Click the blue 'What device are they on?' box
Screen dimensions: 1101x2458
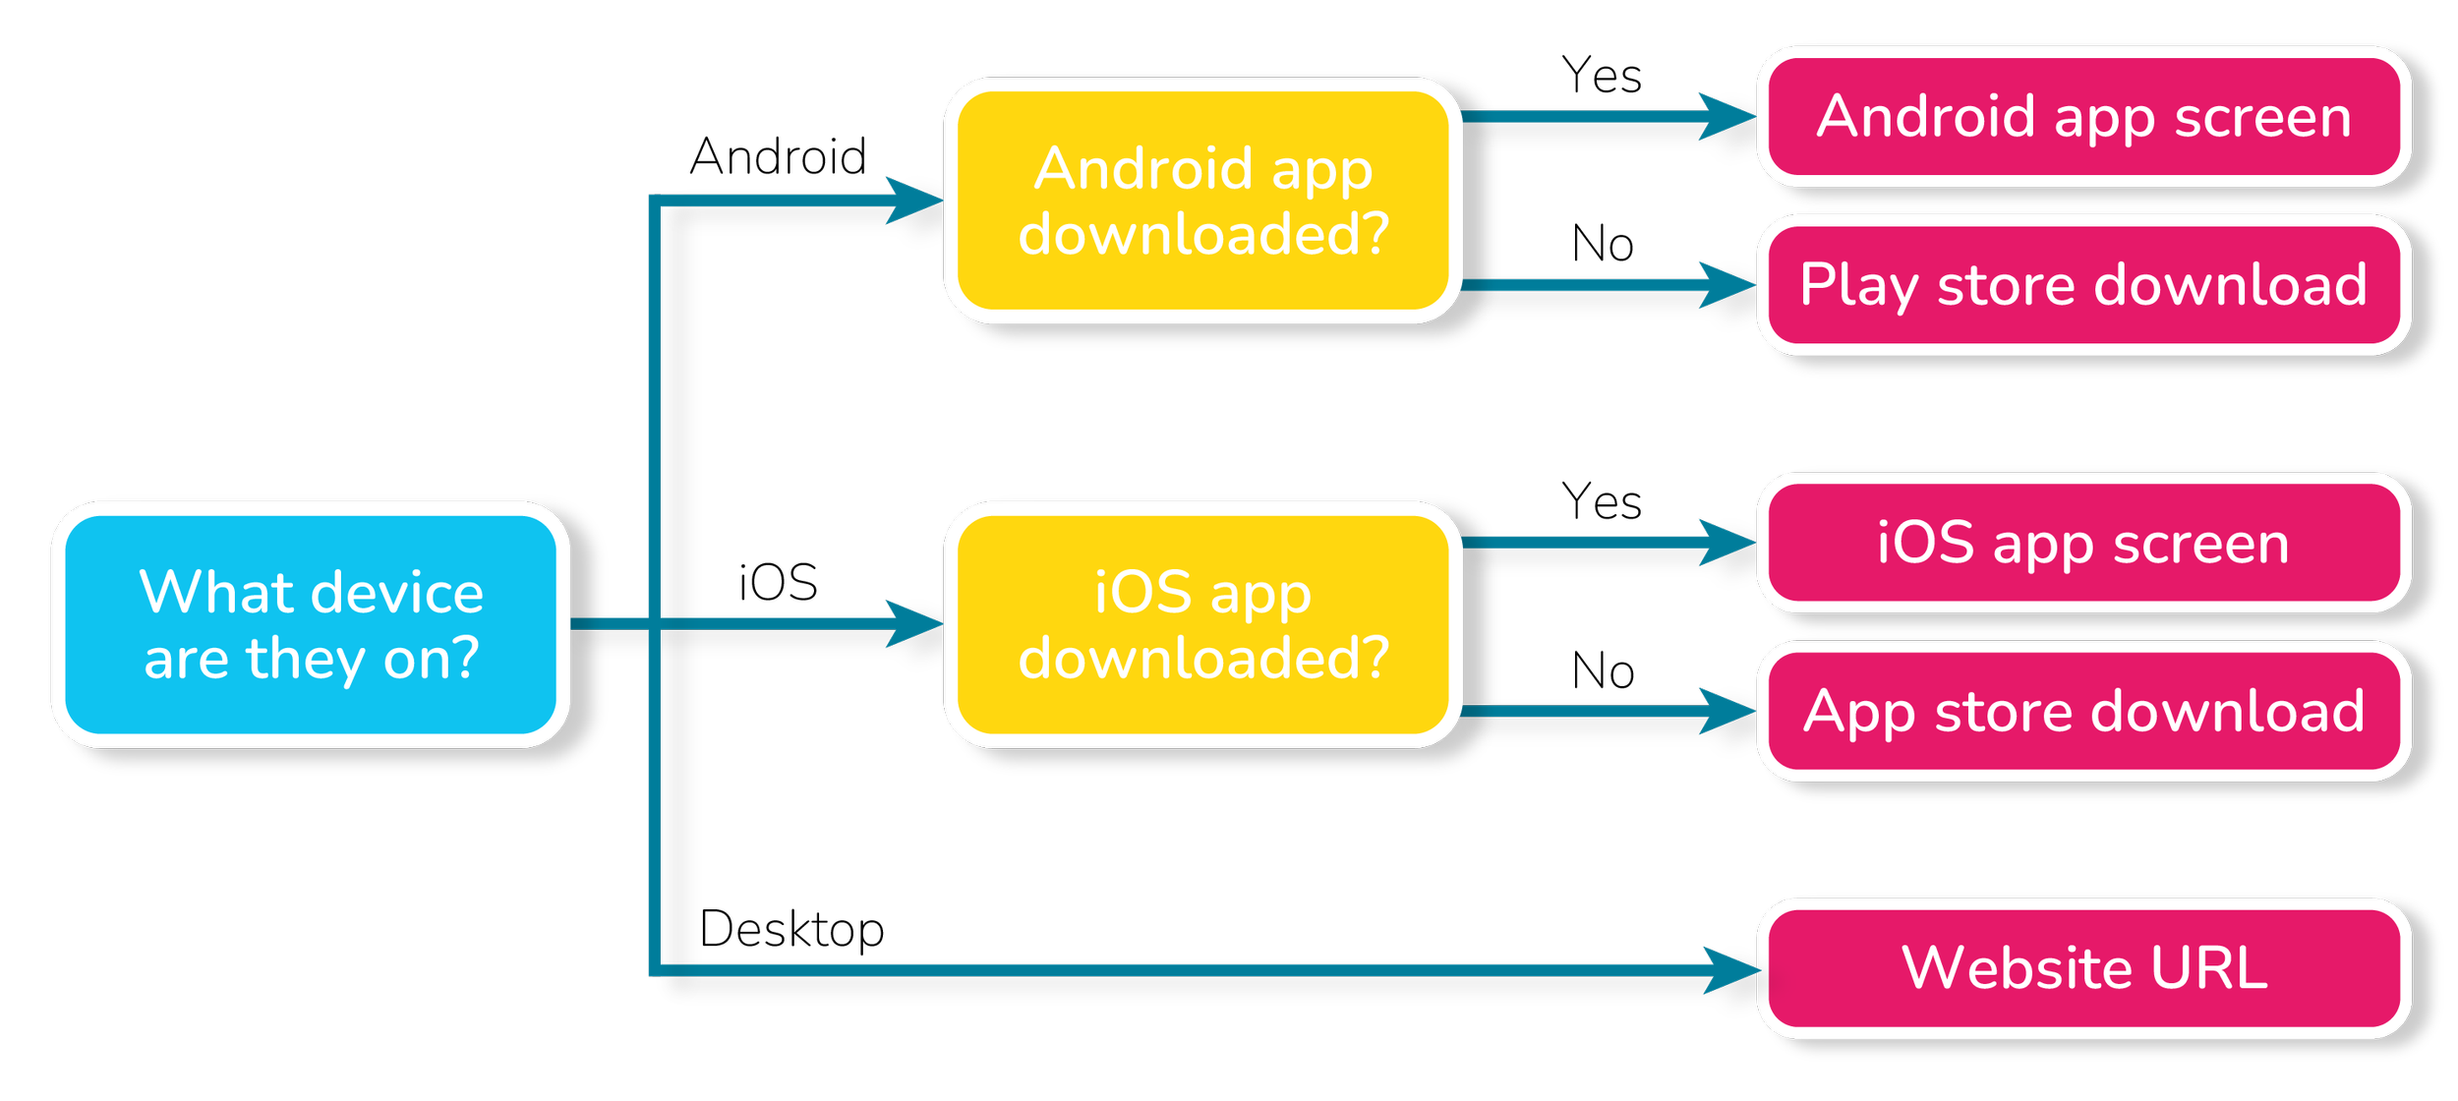pyautogui.click(x=311, y=624)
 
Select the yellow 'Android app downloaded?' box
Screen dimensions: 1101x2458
pyautogui.click(x=1202, y=201)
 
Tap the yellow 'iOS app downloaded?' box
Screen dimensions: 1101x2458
pyautogui.click(x=1202, y=624)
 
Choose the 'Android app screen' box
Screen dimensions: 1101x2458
pyautogui.click(x=2083, y=117)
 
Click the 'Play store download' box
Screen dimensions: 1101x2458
pyautogui.click(x=2083, y=285)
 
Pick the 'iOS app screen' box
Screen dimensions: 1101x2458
pyautogui.click(x=2083, y=543)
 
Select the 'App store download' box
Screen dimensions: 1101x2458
pyautogui.click(x=2083, y=711)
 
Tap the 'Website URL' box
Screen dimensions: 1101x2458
pyautogui.click(x=2083, y=968)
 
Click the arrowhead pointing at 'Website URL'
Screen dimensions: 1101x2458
pyautogui.click(x=1730, y=970)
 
